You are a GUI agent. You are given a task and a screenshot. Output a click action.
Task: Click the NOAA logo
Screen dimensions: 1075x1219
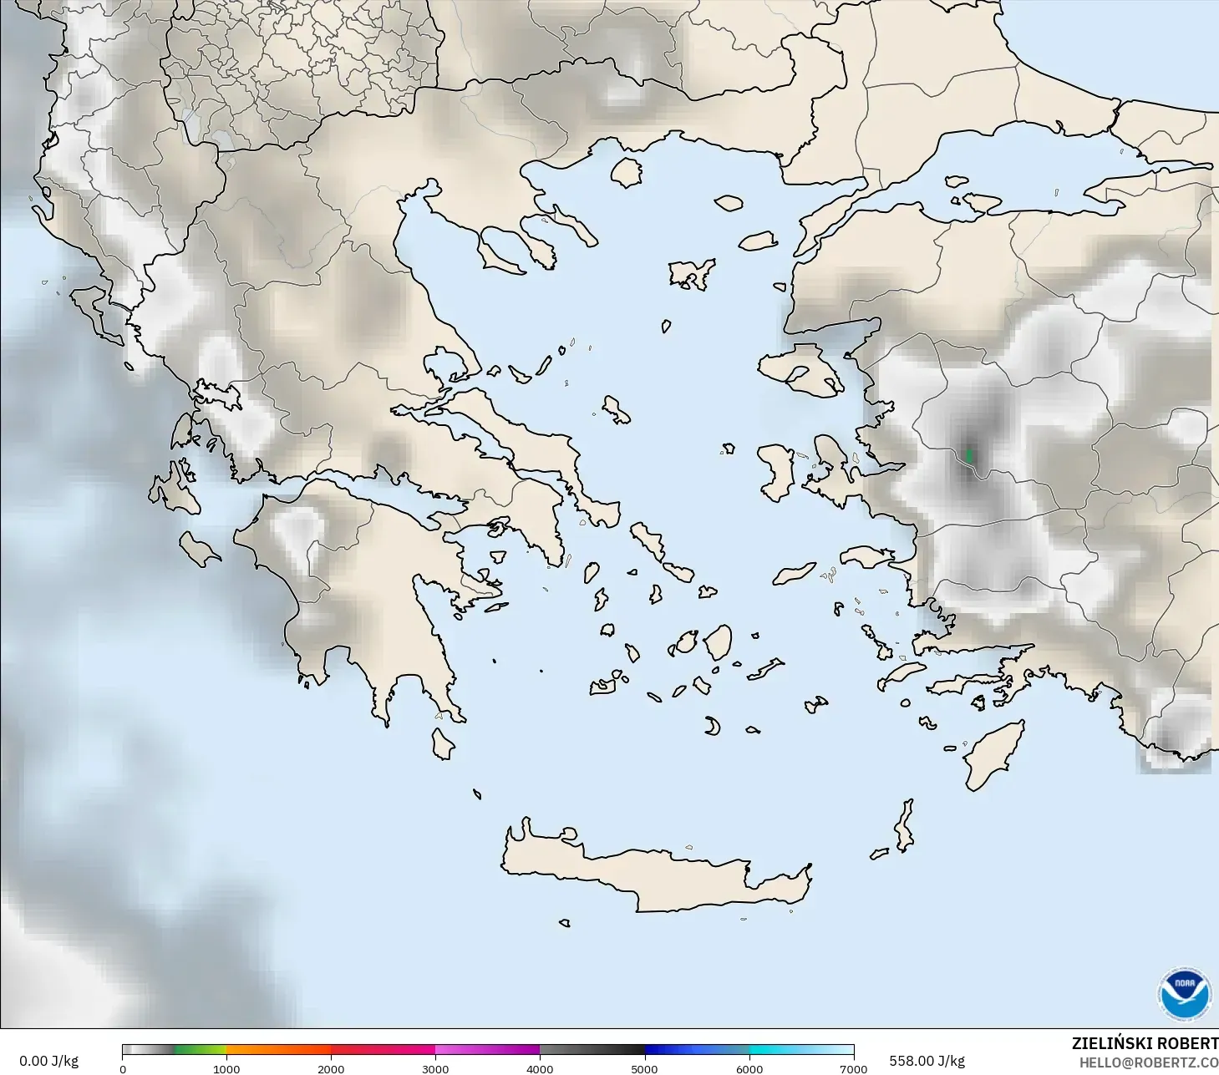click(x=1184, y=994)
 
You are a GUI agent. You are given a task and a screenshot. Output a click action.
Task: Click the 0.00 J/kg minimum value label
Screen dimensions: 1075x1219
click(x=48, y=1061)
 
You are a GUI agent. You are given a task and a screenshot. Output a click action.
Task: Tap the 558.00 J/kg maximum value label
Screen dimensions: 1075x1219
click(x=927, y=1061)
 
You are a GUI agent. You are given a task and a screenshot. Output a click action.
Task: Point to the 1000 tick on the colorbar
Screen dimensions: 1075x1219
click(x=226, y=1068)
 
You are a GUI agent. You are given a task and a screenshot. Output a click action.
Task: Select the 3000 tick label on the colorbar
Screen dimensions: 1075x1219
click(x=435, y=1068)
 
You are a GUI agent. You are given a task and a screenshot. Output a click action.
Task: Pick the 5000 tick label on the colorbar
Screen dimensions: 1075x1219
click(x=644, y=1068)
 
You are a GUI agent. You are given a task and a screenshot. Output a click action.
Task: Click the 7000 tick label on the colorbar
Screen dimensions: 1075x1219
click(x=853, y=1068)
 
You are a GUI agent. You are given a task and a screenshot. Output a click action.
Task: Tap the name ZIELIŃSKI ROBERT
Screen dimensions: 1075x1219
click(x=1145, y=1043)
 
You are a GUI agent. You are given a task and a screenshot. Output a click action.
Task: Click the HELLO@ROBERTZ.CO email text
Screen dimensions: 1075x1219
click(x=1148, y=1062)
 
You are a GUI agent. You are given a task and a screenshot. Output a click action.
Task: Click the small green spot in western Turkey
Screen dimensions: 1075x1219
click(x=969, y=455)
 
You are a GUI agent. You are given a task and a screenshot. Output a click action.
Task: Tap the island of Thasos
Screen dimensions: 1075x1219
click(x=627, y=172)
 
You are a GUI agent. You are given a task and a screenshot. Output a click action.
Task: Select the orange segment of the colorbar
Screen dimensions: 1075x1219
click(x=278, y=1050)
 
